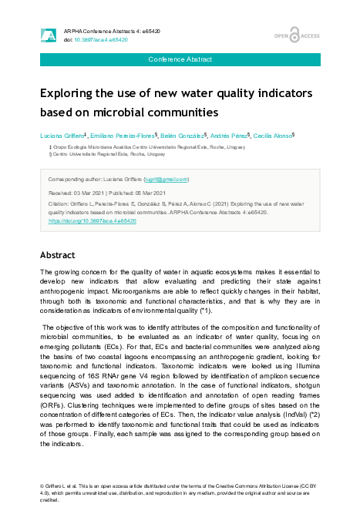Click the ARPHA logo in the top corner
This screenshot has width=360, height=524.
click(48, 35)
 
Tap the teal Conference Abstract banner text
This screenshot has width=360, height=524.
click(180, 60)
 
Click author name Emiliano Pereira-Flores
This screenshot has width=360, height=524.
click(122, 136)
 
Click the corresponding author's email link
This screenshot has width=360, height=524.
click(166, 179)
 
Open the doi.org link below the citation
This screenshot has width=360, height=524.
click(93, 220)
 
